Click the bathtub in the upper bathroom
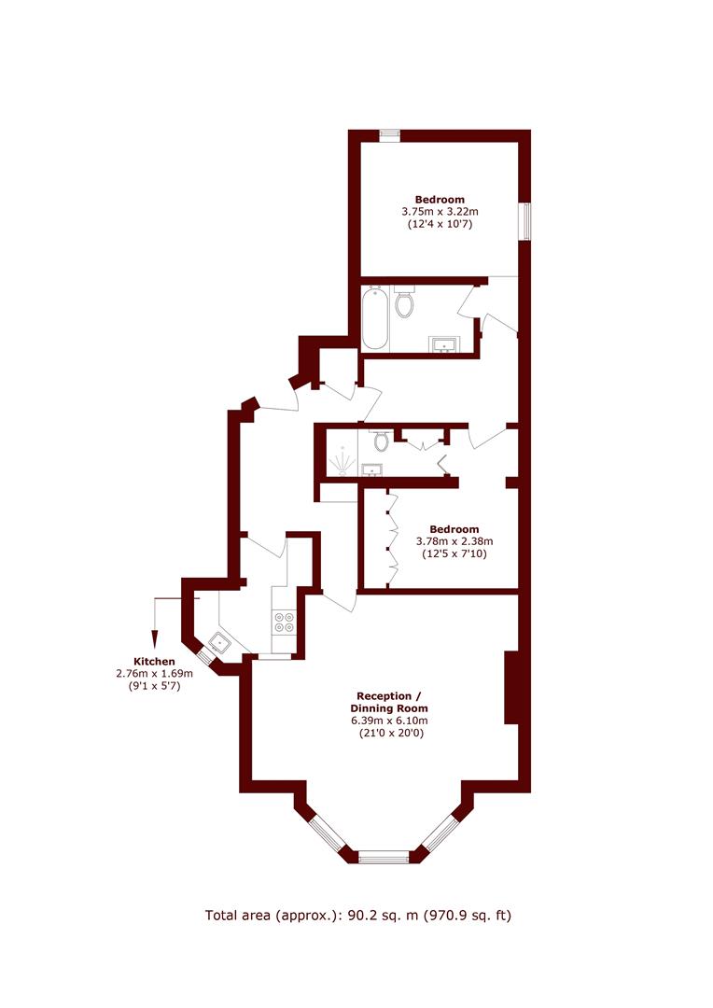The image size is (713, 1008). [375, 318]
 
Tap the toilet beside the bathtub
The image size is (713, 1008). [404, 301]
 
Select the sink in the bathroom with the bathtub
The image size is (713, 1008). [443, 345]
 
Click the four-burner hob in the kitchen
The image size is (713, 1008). [284, 622]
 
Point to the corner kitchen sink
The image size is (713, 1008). [220, 642]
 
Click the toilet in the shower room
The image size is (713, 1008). [382, 441]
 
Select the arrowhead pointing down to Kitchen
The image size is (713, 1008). [154, 639]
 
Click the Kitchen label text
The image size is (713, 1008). [154, 662]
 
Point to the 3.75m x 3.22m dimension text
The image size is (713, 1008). [440, 212]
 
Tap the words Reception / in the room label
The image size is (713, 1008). [389, 696]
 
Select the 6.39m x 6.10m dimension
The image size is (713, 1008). [389, 721]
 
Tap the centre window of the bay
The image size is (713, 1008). [384, 857]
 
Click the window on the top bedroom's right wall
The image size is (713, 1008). [525, 222]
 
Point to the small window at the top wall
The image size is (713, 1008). [389, 135]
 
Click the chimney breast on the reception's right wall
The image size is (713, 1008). [511, 688]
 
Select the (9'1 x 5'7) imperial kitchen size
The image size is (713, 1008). [154, 686]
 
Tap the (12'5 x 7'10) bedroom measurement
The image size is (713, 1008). [454, 553]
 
